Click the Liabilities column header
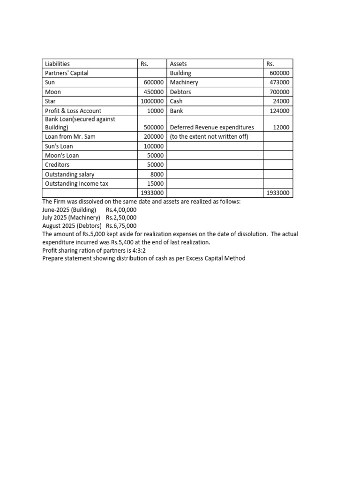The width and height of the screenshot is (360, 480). (x=57, y=64)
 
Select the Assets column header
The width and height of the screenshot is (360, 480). (x=178, y=64)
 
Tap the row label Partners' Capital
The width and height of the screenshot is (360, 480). (x=67, y=73)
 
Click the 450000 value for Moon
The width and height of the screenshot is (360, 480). (x=154, y=92)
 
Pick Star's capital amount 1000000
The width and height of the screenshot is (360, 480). (x=152, y=101)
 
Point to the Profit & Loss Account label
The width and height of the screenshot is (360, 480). (x=73, y=111)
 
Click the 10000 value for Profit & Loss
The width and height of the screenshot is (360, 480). (x=156, y=111)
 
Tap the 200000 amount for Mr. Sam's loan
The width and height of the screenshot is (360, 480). (x=154, y=136)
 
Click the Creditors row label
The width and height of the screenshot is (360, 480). (x=57, y=165)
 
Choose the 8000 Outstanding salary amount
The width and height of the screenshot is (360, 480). (x=157, y=174)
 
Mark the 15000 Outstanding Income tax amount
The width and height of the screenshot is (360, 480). (x=156, y=184)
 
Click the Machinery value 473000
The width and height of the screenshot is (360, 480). (x=280, y=82)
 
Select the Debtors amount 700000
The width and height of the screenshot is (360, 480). (x=280, y=92)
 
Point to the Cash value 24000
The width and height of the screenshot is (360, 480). (x=281, y=101)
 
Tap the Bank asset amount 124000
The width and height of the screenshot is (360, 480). (x=280, y=111)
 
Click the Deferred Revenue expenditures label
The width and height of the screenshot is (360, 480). (x=212, y=127)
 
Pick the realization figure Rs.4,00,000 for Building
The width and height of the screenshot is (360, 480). (x=121, y=210)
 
